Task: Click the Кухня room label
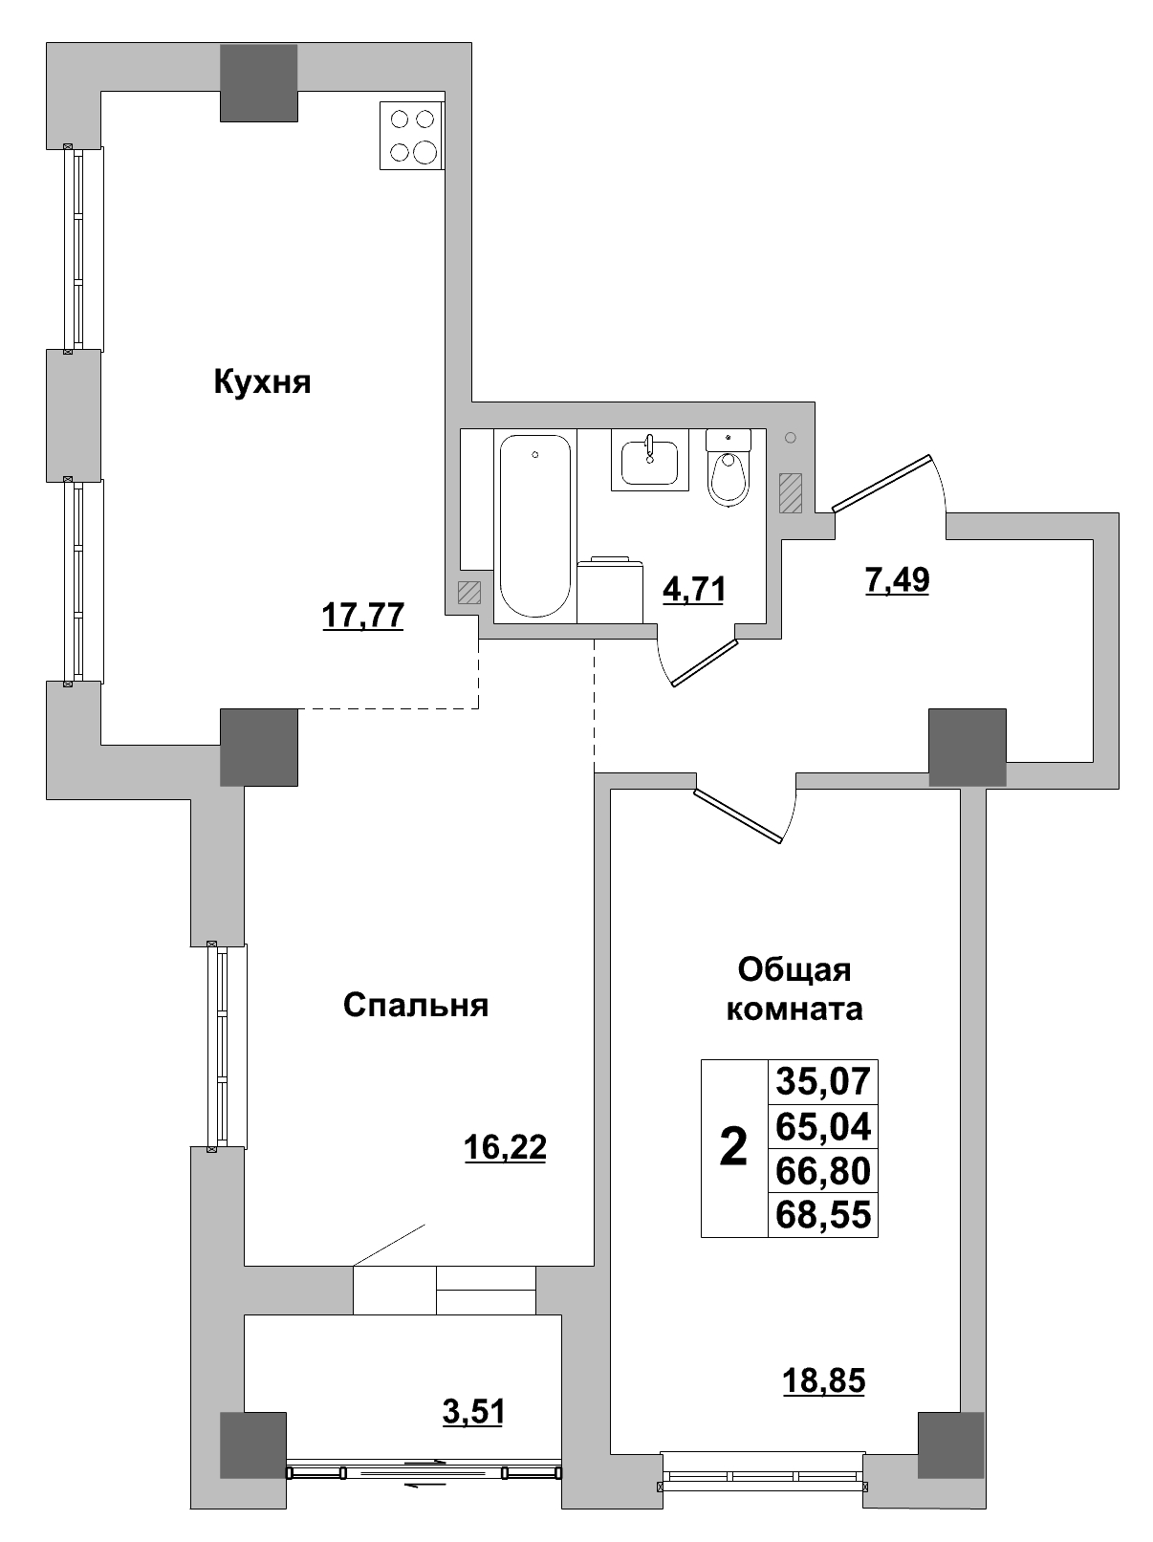[x=262, y=383]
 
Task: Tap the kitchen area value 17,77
[x=363, y=616]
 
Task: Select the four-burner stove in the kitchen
[x=412, y=136]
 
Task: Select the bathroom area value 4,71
[x=694, y=589]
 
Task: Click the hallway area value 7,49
[x=897, y=579]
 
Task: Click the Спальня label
[x=416, y=1006]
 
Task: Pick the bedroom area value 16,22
[x=505, y=1146]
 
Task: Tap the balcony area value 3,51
[x=473, y=1411]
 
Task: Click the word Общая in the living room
[x=794, y=970]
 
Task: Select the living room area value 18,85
[x=823, y=1380]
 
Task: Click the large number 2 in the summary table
[x=733, y=1147]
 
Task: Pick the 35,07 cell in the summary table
[x=823, y=1082]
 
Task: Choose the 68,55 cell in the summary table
[x=823, y=1215]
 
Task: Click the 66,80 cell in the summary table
[x=823, y=1171]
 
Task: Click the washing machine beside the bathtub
[x=608, y=591]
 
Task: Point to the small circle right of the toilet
[x=790, y=438]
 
